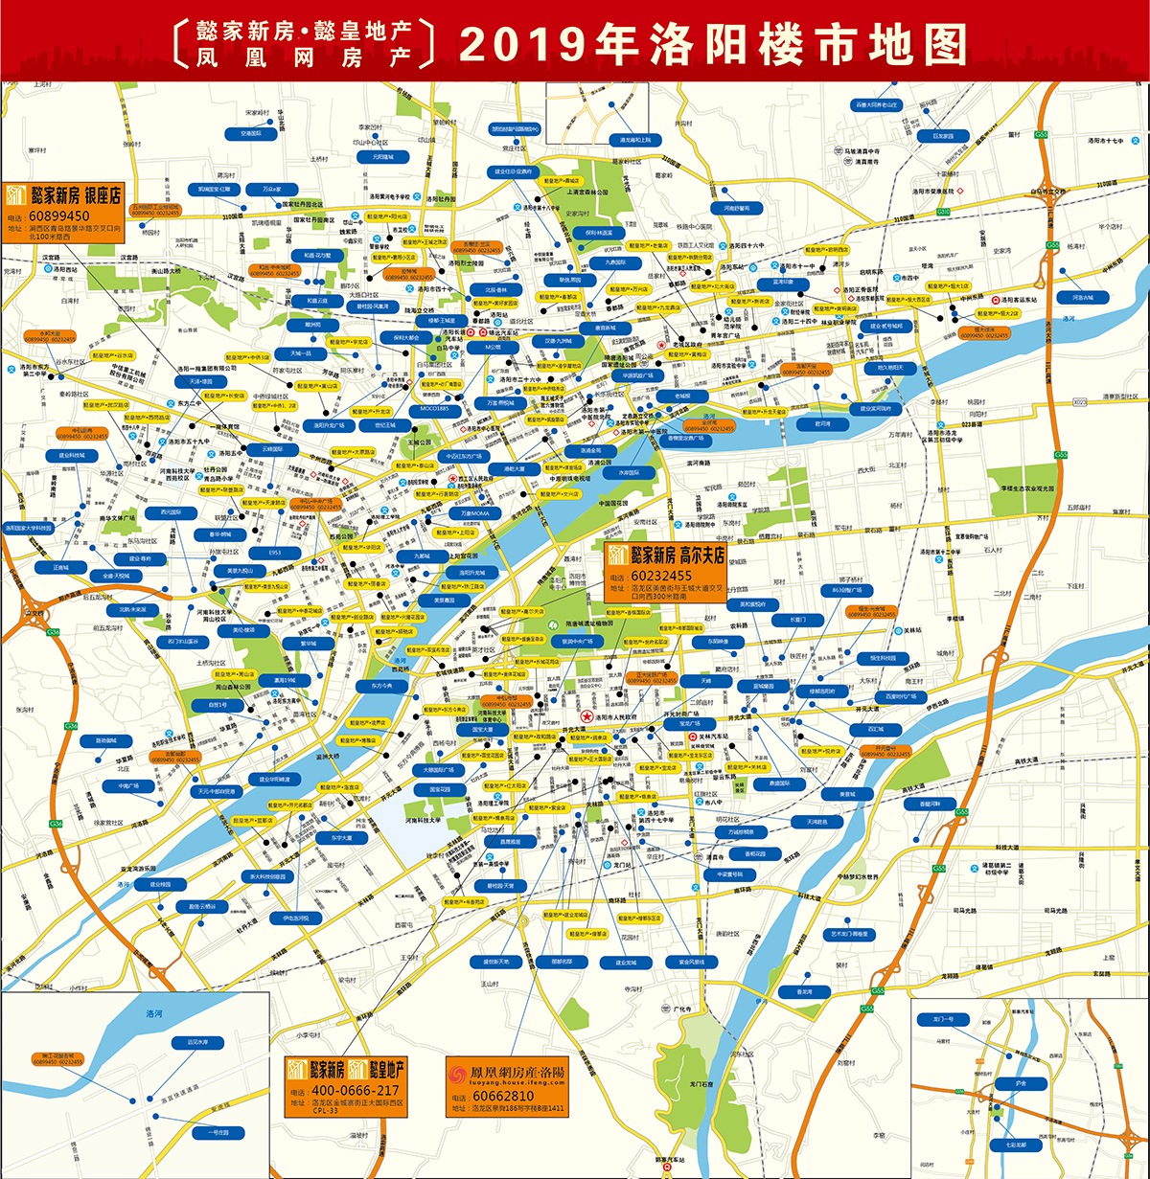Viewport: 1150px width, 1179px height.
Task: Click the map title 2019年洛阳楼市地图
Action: pyautogui.click(x=714, y=43)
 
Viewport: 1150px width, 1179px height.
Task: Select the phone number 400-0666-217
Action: pyautogui.click(x=343, y=1091)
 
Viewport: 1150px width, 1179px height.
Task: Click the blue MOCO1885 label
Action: pyautogui.click(x=434, y=409)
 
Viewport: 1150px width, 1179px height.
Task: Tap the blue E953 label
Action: pyautogui.click(x=275, y=553)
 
